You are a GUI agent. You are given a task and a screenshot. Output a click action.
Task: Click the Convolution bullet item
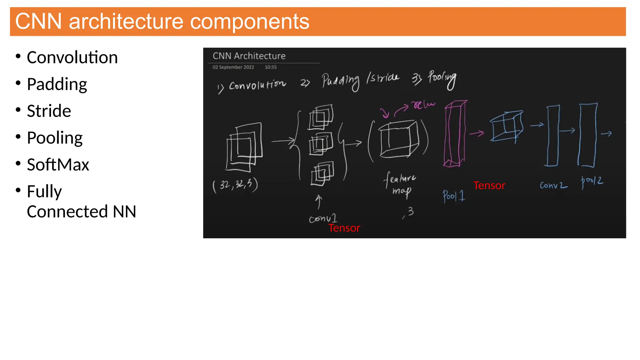click(x=72, y=57)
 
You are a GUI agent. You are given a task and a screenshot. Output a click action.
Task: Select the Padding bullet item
click(x=57, y=84)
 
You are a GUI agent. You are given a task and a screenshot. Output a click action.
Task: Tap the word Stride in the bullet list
click(x=49, y=111)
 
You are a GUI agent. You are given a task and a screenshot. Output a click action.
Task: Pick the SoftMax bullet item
click(x=58, y=165)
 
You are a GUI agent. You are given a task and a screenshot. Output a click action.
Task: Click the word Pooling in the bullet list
click(x=55, y=138)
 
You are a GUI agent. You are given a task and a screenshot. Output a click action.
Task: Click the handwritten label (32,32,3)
click(x=235, y=185)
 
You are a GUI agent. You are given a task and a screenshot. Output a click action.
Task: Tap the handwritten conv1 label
click(x=322, y=218)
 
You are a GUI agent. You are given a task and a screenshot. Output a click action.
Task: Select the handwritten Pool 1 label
click(x=454, y=196)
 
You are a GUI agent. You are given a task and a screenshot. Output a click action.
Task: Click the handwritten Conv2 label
click(x=553, y=185)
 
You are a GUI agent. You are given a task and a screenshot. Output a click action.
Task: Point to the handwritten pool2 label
click(x=592, y=182)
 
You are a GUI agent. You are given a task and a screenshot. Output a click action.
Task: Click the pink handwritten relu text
click(x=423, y=104)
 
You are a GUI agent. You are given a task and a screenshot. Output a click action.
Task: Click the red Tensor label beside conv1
click(x=344, y=228)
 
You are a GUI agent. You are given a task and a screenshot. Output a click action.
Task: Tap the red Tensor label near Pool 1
click(x=489, y=186)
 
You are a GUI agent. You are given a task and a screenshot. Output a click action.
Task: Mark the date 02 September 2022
click(x=233, y=67)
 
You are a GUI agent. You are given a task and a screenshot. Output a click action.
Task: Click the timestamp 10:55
click(x=271, y=67)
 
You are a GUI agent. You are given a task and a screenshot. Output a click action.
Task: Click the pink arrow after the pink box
click(x=477, y=133)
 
